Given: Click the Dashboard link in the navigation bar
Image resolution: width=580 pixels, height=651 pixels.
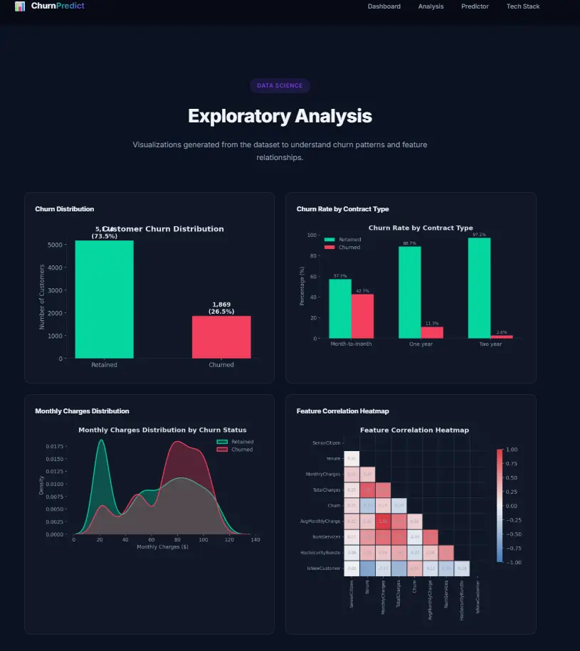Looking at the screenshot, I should [x=384, y=6].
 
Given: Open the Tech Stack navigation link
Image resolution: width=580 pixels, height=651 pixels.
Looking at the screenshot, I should [x=522, y=6].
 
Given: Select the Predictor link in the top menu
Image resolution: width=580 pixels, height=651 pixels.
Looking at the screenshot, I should [x=475, y=6].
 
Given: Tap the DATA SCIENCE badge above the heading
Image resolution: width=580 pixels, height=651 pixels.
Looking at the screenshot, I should [x=280, y=85].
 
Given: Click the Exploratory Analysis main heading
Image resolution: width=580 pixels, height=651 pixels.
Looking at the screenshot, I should [x=280, y=116].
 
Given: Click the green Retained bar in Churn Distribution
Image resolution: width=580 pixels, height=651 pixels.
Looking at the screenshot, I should [x=104, y=299].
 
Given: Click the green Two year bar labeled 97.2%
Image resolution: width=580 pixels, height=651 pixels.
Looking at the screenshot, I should [x=479, y=288].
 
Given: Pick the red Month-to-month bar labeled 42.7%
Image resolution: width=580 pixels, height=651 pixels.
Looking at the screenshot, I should [x=362, y=317].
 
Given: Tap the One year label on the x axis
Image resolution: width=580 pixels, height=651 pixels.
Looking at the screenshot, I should [x=421, y=344].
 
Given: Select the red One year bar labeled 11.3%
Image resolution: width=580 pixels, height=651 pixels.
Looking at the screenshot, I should [x=432, y=332].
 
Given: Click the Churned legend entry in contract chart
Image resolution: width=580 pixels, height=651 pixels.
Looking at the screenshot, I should [x=349, y=248].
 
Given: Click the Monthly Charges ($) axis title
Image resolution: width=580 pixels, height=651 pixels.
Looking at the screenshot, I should [x=162, y=546].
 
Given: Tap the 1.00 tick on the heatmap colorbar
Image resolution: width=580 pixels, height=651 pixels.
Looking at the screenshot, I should [x=511, y=450].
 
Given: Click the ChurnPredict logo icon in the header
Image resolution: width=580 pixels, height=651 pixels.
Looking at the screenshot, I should [x=20, y=6].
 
